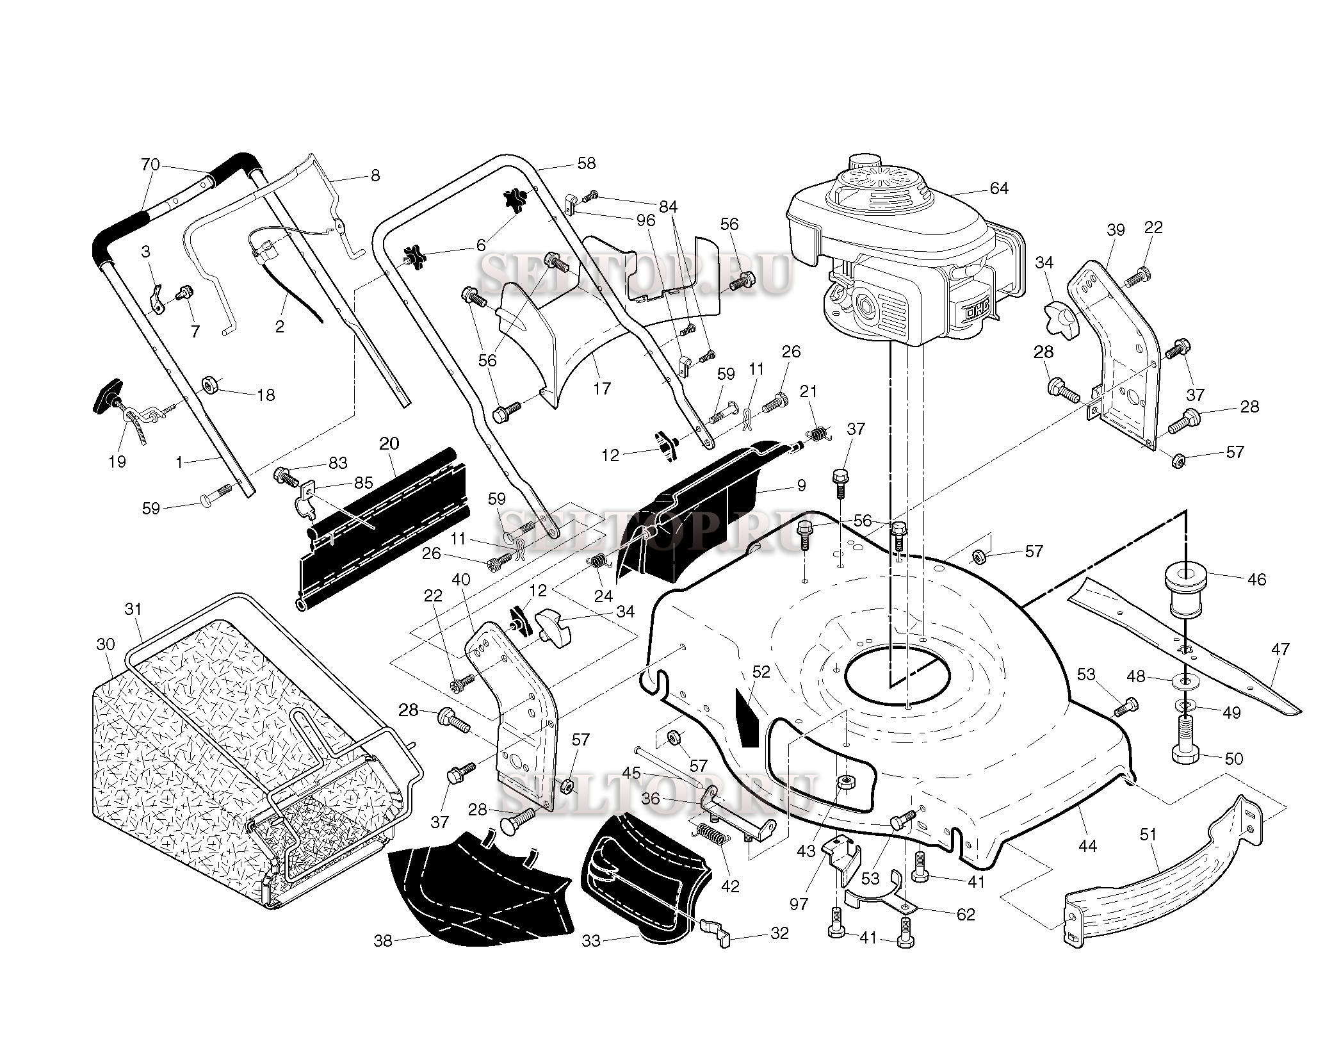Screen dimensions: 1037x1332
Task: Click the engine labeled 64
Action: (x=897, y=256)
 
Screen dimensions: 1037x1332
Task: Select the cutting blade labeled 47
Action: (x=1185, y=647)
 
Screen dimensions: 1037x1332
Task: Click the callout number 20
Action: (x=389, y=444)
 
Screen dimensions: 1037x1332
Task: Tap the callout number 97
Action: (x=799, y=904)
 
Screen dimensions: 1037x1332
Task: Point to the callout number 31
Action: (x=133, y=608)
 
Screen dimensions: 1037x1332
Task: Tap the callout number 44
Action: (x=1087, y=846)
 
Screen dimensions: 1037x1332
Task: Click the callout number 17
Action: (x=602, y=388)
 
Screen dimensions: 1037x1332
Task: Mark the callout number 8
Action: (x=375, y=175)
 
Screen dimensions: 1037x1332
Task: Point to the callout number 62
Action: (x=965, y=914)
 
